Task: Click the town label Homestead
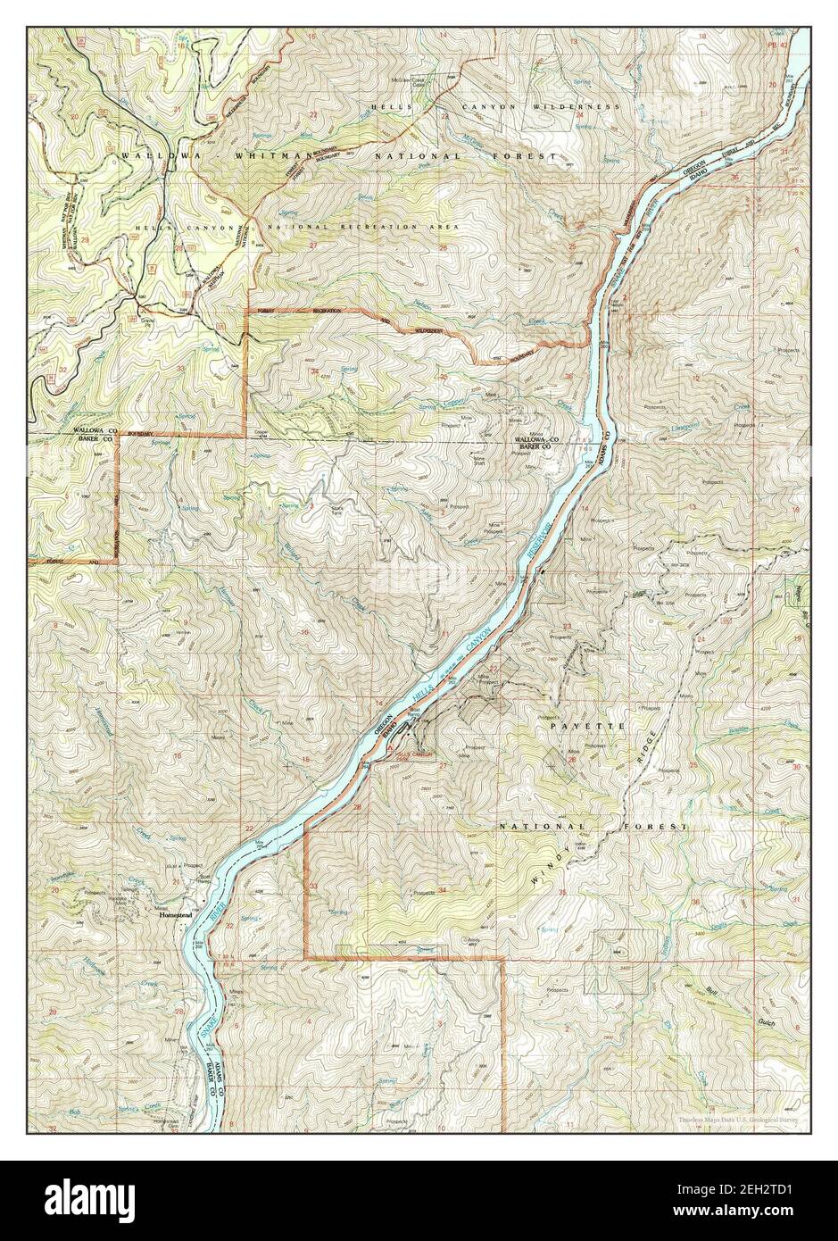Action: click(174, 915)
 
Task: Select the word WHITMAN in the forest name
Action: click(275, 155)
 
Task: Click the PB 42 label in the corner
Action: click(778, 42)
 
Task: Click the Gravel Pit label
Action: click(149, 319)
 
